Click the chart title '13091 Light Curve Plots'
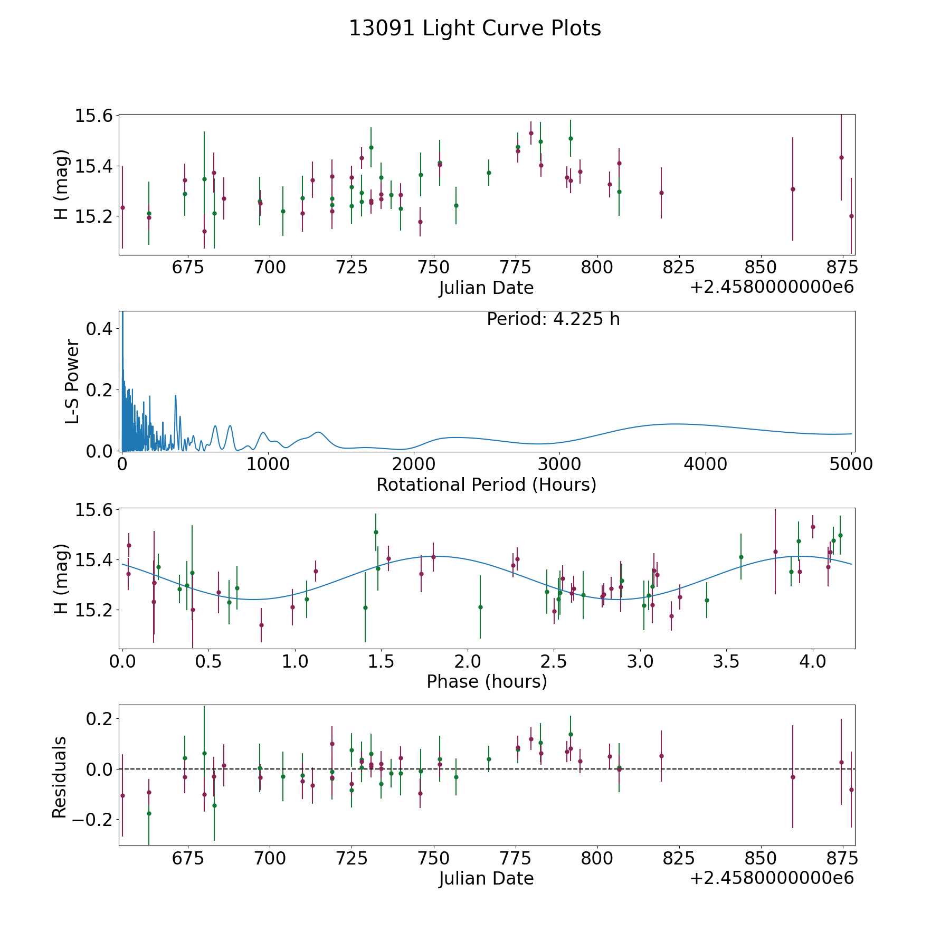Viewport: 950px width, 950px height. (x=474, y=28)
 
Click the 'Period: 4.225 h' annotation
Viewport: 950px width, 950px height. (x=553, y=319)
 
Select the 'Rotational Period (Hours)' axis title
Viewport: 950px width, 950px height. (x=486, y=484)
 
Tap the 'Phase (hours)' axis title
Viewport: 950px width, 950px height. (x=487, y=682)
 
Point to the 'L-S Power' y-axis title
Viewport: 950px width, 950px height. (x=72, y=382)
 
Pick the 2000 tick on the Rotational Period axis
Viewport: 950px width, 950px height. (x=413, y=464)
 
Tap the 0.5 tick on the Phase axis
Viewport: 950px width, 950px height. (x=208, y=662)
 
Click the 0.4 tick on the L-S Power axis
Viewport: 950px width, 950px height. (x=99, y=329)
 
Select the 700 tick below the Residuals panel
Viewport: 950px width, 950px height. (x=270, y=859)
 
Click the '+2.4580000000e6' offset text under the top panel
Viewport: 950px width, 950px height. (x=772, y=288)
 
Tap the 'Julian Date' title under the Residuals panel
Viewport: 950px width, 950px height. (x=486, y=879)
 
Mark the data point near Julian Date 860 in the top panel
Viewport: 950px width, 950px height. (x=793, y=189)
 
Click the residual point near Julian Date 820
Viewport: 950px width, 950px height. (x=661, y=756)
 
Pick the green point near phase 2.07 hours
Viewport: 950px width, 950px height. (x=480, y=607)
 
